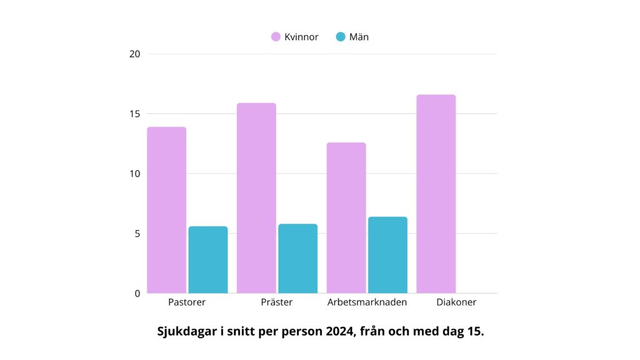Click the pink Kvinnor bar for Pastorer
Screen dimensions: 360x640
coord(167,210)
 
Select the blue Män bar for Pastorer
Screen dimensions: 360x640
coord(208,259)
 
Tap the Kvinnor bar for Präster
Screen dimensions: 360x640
coord(256,198)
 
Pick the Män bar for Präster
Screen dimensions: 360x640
coord(297,258)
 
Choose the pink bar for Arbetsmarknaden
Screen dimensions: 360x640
coord(346,217)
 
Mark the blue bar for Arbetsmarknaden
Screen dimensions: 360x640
coord(387,254)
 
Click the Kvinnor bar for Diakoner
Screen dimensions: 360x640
coord(436,194)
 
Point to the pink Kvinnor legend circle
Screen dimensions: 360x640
coord(276,37)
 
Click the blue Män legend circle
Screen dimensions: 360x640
coord(341,37)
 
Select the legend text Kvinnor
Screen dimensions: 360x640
coord(301,37)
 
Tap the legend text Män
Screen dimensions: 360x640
coord(359,37)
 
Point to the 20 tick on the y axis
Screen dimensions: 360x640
coord(134,54)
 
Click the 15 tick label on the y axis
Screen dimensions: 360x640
coord(134,114)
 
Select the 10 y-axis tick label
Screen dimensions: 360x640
coord(134,174)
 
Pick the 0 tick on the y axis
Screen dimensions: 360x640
coord(137,293)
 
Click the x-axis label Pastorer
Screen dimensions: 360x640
coord(187,302)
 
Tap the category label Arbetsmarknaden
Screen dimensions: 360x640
coord(367,302)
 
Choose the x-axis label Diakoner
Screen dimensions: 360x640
coord(456,302)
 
